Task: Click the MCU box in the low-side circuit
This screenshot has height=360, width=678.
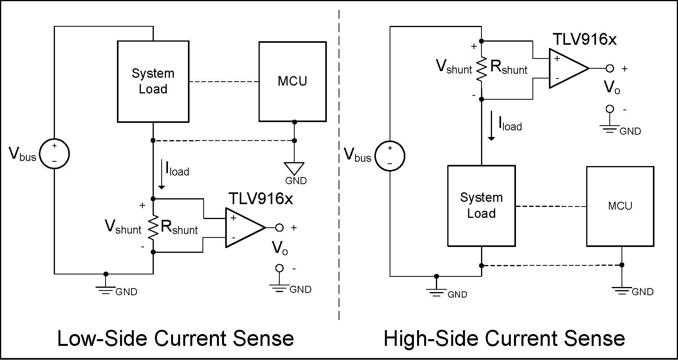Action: [x=292, y=82]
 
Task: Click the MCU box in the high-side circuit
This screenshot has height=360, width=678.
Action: [x=620, y=206]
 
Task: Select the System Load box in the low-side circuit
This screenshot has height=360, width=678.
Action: [x=153, y=82]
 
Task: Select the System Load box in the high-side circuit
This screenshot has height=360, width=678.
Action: [x=481, y=206]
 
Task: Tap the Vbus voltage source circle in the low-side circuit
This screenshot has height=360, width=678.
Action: [x=55, y=154]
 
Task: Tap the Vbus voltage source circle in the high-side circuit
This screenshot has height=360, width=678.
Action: [x=390, y=156]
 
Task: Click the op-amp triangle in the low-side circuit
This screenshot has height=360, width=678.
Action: [x=242, y=228]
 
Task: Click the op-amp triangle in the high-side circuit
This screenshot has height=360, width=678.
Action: [x=566, y=68]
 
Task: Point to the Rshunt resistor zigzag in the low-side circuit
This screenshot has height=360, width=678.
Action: [x=153, y=227]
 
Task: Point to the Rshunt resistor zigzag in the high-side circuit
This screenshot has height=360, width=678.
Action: [x=481, y=69]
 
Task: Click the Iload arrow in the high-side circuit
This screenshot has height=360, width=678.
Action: [x=491, y=126]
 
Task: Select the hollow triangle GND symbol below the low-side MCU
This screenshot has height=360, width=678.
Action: [x=294, y=168]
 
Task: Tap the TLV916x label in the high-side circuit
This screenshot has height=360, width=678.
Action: [x=584, y=39]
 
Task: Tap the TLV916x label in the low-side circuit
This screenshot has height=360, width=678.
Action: [x=261, y=199]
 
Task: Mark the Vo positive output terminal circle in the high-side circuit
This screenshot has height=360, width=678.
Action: [x=609, y=68]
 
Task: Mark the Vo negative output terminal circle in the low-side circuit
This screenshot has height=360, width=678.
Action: [x=279, y=268]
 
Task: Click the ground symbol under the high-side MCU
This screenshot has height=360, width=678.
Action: [x=622, y=290]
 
